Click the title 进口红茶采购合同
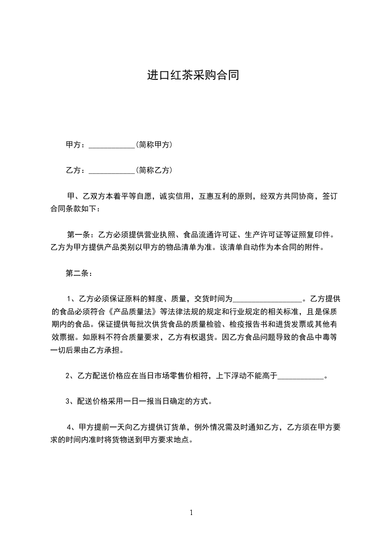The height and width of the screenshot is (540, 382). tap(193, 76)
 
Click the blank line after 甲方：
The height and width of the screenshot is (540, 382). tap(112, 145)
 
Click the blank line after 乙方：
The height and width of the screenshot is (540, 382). tap(112, 170)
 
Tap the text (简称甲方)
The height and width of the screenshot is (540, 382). tap(154, 144)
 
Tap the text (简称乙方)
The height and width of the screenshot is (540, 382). tap(154, 169)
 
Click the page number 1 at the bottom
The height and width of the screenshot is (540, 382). tap(191, 512)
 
